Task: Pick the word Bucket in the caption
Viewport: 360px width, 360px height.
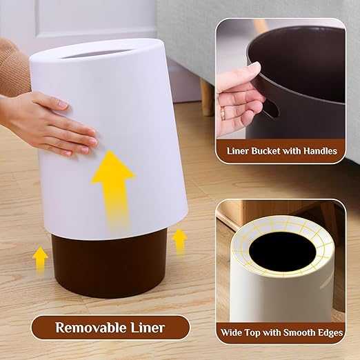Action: [x=261, y=150]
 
